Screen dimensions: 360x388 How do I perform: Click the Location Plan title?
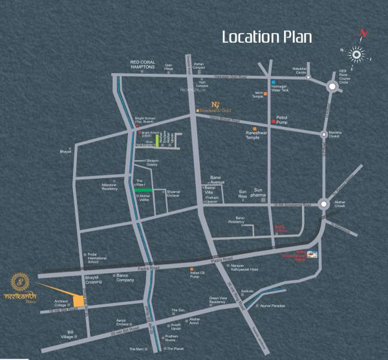click(x=267, y=36)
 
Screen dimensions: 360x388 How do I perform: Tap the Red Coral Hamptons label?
click(x=143, y=64)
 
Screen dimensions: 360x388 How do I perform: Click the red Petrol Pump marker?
click(x=274, y=122)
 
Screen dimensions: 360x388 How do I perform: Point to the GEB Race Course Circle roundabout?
click(x=332, y=87)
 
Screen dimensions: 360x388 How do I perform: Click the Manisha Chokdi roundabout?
click(x=324, y=133)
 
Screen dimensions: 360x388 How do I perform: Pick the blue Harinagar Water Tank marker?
click(x=274, y=82)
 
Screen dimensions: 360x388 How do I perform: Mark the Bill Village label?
click(x=67, y=335)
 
